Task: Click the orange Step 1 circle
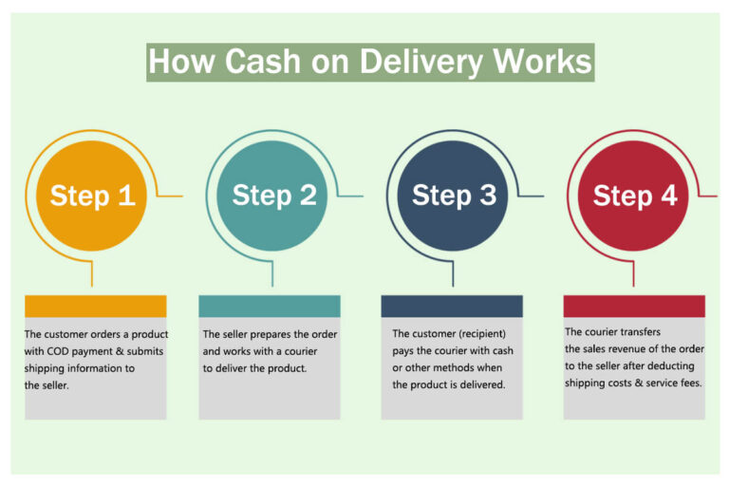tap(92, 196)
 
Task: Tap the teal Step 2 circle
tap(274, 196)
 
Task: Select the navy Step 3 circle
tap(454, 196)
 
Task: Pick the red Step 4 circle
tap(635, 196)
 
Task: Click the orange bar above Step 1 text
tap(95, 306)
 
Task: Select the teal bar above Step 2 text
tap(269, 306)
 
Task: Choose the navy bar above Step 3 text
tap(451, 306)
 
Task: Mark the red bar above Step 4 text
tap(634, 306)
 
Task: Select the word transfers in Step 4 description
tap(639, 332)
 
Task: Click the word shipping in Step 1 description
tap(45, 368)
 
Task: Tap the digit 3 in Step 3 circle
tap(486, 196)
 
